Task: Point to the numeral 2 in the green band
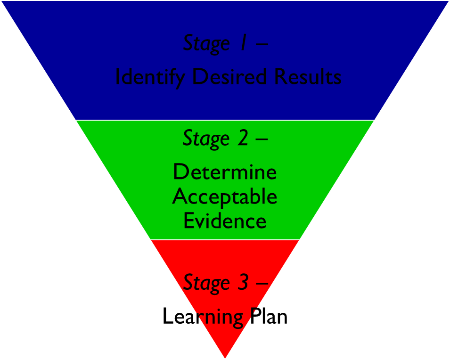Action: (242, 138)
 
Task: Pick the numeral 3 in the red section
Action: (242, 282)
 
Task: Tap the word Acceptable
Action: (225, 196)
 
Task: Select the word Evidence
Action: (225, 221)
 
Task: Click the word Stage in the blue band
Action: (206, 43)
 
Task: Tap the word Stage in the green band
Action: (206, 139)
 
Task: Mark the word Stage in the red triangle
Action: (206, 283)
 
